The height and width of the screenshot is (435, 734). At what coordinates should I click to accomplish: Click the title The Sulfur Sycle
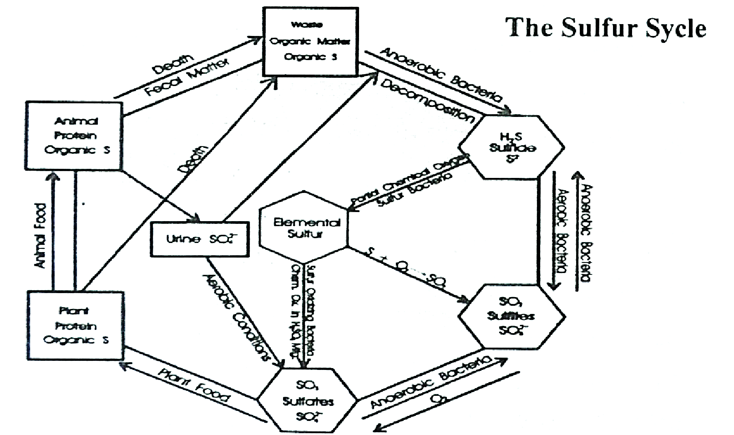(x=606, y=28)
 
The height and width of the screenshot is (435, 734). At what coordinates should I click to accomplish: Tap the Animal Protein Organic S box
(x=74, y=136)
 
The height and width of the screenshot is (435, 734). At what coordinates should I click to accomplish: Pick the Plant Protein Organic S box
(x=76, y=326)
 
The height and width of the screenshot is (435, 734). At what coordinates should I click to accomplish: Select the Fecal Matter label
(x=186, y=77)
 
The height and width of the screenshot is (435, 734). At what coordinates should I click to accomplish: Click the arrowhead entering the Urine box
(x=196, y=218)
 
